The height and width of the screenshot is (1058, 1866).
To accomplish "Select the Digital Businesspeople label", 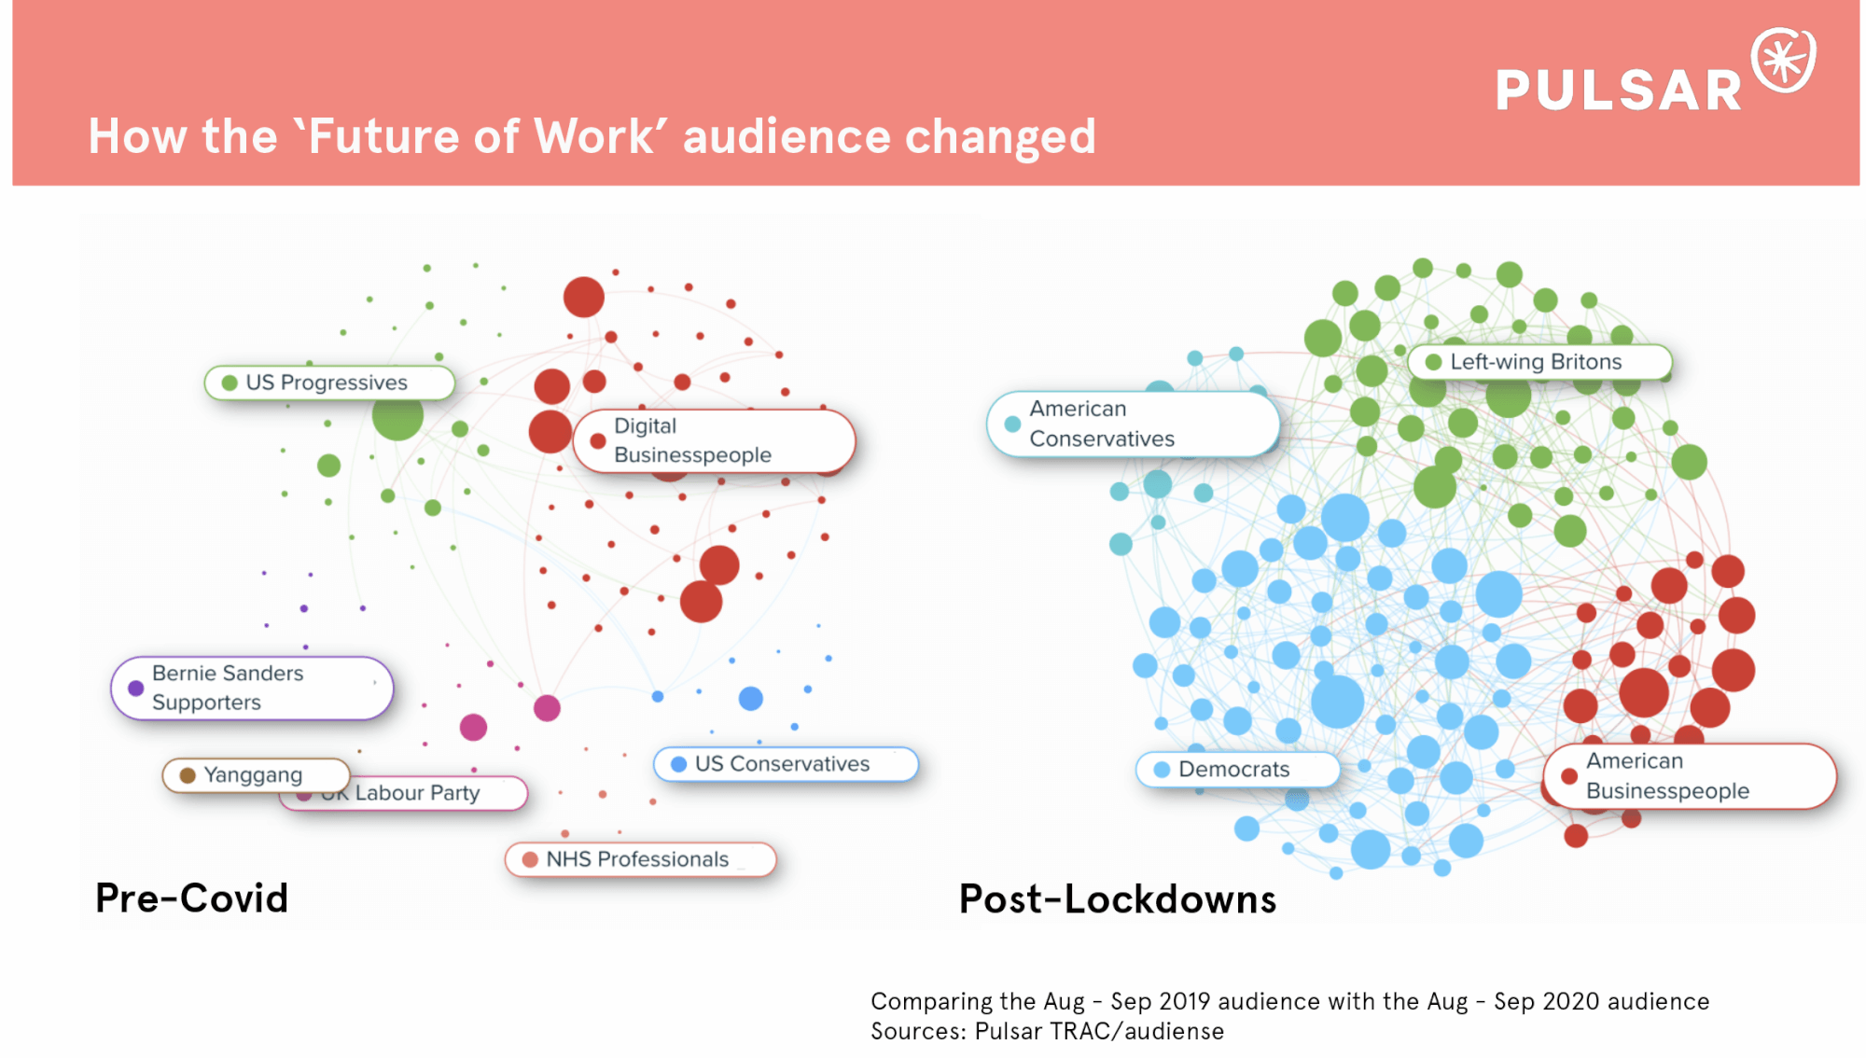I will pyautogui.click(x=714, y=440).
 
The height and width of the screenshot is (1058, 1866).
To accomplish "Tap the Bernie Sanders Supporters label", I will pyautogui.click(x=251, y=688).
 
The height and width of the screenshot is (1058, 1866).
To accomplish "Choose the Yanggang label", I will pyautogui.click(x=255, y=774).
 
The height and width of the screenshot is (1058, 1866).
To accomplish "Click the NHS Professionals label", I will pyautogui.click(x=639, y=859).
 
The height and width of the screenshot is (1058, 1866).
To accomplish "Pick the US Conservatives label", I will pyautogui.click(x=785, y=764).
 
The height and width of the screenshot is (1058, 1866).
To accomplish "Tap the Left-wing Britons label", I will pyautogui.click(x=1539, y=362).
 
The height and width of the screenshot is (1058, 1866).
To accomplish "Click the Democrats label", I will pyautogui.click(x=1236, y=770).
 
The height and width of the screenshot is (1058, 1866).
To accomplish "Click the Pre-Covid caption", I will pyautogui.click(x=192, y=898).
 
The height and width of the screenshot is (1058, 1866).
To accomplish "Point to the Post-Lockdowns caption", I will pyautogui.click(x=1118, y=899).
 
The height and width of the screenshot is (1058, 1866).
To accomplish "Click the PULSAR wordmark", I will pyautogui.click(x=1619, y=90).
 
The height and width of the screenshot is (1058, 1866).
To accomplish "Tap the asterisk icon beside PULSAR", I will pyautogui.click(x=1783, y=61).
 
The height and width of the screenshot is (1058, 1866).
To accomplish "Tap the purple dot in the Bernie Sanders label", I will pyautogui.click(x=136, y=689).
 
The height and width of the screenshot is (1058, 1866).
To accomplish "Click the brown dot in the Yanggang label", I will pyautogui.click(x=188, y=775).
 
